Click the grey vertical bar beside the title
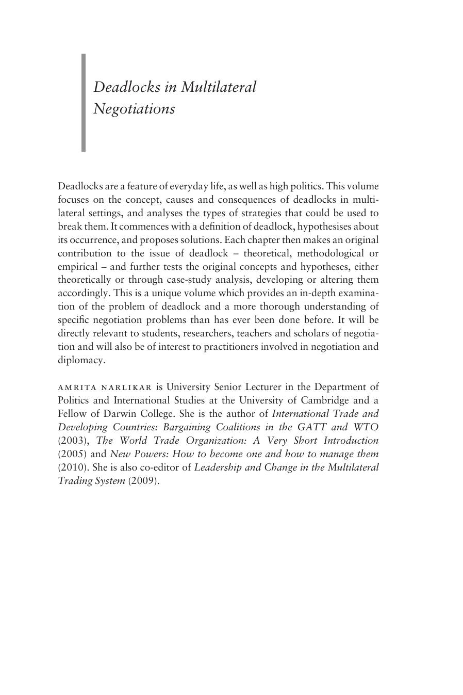(84, 102)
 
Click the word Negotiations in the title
(134, 109)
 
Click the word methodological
(330, 253)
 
